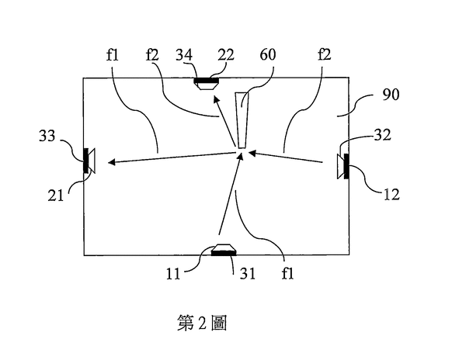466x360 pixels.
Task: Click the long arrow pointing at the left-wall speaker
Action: pyautogui.click(x=171, y=157)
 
